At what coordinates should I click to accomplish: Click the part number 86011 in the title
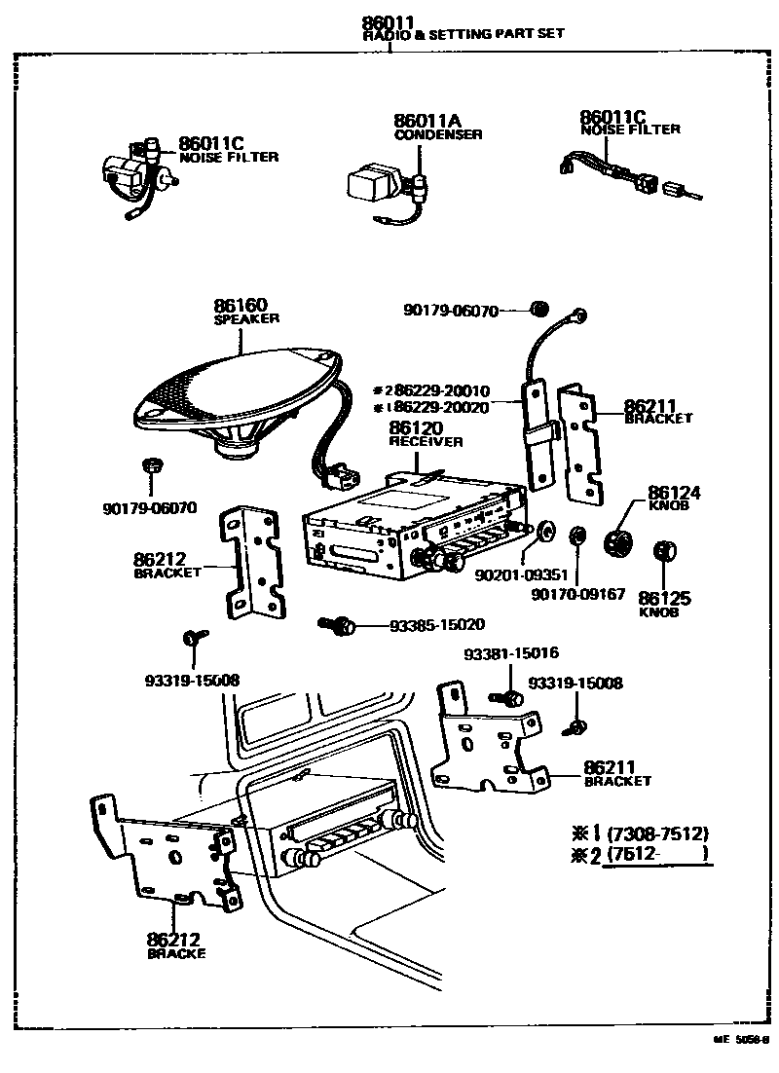click(388, 21)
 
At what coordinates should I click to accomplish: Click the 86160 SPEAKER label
click(245, 312)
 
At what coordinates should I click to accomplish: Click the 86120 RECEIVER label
click(426, 433)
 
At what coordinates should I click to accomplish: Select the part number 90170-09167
click(577, 593)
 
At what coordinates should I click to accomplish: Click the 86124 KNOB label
click(674, 499)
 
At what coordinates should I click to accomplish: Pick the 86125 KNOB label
click(658, 603)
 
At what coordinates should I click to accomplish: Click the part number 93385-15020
click(436, 623)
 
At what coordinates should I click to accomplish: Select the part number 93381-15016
click(511, 653)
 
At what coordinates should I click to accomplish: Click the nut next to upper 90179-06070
click(538, 310)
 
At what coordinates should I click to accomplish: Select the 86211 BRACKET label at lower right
click(616, 773)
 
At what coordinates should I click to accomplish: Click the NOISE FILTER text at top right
click(629, 129)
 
